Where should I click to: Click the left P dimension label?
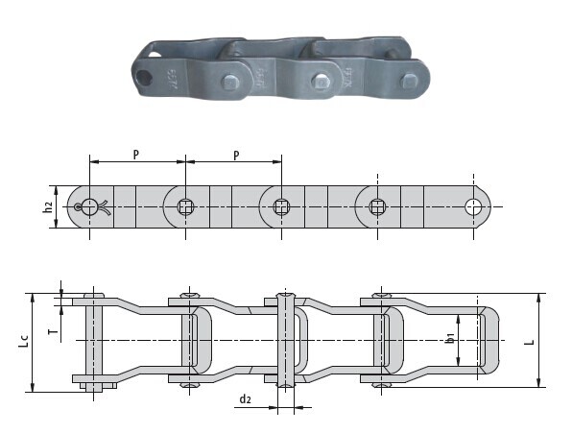(x=136, y=154)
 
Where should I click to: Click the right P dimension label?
(x=235, y=154)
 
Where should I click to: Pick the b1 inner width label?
(x=449, y=339)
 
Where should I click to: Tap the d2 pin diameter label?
(x=247, y=398)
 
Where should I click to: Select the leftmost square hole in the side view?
(x=184, y=205)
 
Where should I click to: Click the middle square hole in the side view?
(x=281, y=205)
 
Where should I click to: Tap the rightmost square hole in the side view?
(x=378, y=205)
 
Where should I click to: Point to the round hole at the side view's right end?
(x=474, y=205)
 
